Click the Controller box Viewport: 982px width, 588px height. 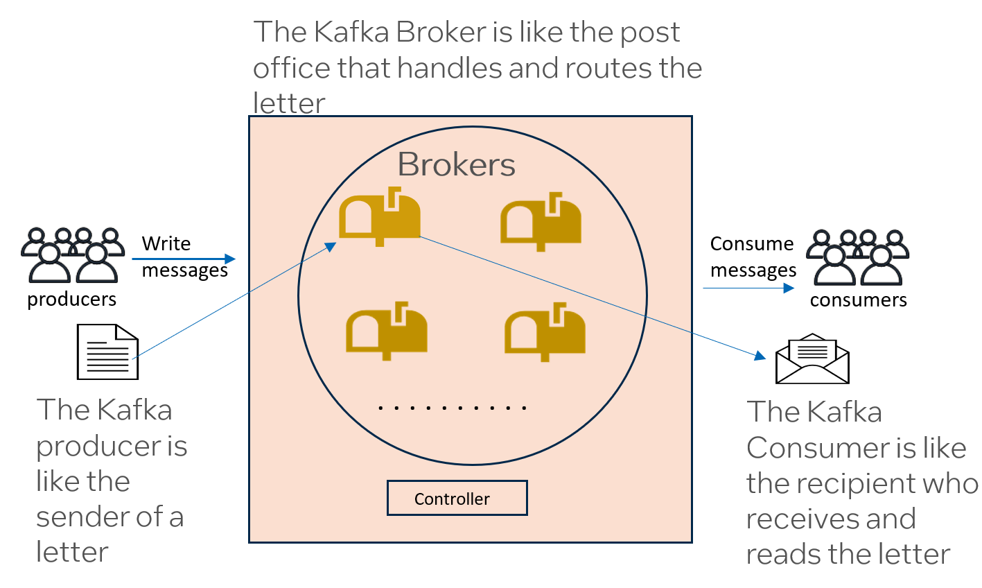pos(457,498)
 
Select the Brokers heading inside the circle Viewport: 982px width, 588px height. pos(456,165)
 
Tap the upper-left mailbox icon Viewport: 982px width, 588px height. pos(379,216)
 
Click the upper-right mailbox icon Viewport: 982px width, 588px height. pos(541,221)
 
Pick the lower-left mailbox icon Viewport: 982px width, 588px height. pos(386,331)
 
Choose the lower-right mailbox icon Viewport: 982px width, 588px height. pos(545,331)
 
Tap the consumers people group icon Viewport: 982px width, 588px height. pos(859,257)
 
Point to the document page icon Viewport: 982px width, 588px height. pos(107,352)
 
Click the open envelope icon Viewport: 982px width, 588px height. pos(812,358)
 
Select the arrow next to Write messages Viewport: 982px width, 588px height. pos(184,259)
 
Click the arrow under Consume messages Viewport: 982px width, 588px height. pos(748,288)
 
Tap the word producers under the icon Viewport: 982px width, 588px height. pos(71,300)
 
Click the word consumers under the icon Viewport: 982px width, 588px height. pos(858,300)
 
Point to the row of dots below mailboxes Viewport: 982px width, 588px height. pos(453,408)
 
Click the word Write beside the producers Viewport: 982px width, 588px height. pos(166,243)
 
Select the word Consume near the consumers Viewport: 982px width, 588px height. pos(751,243)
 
